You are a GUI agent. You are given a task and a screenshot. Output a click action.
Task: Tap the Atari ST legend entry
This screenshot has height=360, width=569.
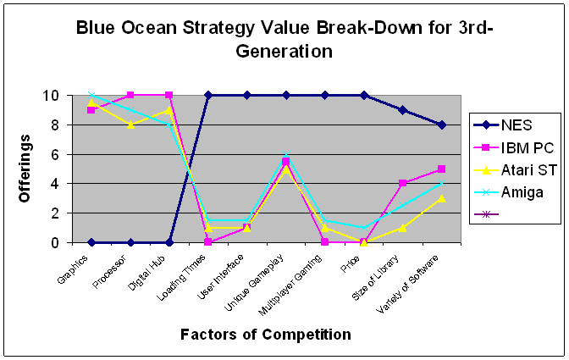pyautogui.click(x=515, y=170)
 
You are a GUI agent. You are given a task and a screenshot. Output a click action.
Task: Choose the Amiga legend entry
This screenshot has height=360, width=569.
pyautogui.click(x=508, y=192)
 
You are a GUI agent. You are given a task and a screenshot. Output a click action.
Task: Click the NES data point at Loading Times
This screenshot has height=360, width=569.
pyautogui.click(x=208, y=96)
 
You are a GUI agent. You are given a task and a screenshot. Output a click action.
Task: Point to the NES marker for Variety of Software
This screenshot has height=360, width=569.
pyautogui.click(x=442, y=125)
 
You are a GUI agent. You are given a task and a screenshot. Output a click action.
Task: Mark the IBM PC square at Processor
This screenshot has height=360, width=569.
pyautogui.click(x=130, y=96)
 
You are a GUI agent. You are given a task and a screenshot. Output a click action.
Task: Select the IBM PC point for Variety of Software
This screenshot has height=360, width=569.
pyautogui.click(x=442, y=169)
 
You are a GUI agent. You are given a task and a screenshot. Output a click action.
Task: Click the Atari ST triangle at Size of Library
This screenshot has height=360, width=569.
pyautogui.click(x=402, y=228)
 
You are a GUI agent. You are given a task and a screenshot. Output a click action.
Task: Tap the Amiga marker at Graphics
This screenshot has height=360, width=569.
pyautogui.click(x=91, y=96)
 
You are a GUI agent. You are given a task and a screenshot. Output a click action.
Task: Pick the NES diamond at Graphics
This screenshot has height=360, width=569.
pyautogui.click(x=91, y=242)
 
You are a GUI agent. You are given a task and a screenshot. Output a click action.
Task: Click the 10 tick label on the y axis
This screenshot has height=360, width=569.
pyautogui.click(x=50, y=96)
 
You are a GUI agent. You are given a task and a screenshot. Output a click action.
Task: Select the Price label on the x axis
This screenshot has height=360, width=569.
pyautogui.click(x=351, y=263)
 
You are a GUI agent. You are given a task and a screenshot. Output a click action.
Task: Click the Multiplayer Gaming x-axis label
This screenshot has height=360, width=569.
pyautogui.click(x=290, y=285)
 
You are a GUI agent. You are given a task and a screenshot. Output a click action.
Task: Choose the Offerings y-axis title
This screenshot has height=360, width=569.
pyautogui.click(x=25, y=169)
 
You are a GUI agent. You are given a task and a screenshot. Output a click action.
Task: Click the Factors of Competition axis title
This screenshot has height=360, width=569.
pyautogui.click(x=266, y=335)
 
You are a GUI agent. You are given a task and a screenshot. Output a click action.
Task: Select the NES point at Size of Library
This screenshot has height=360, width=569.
pyautogui.click(x=402, y=110)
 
